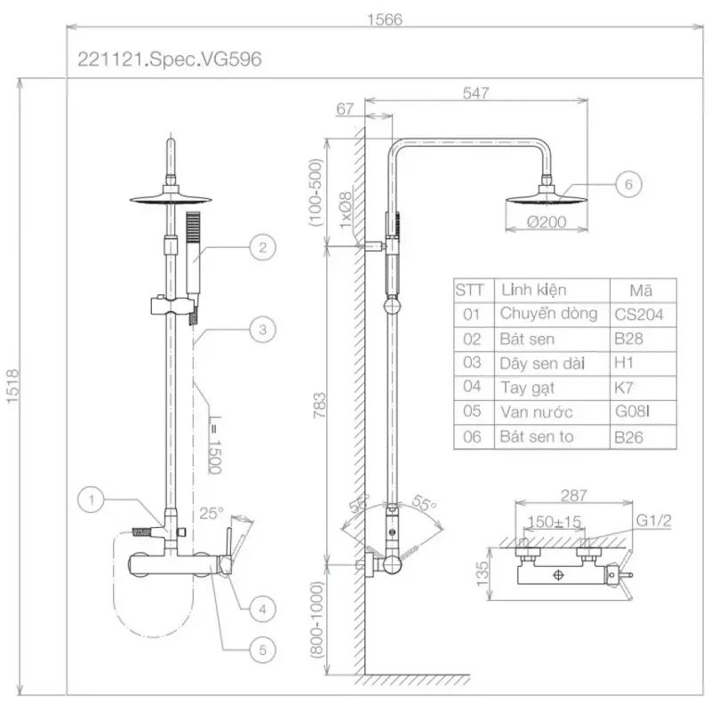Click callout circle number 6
[x=627, y=185]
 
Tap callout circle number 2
[x=258, y=248]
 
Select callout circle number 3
[x=260, y=331]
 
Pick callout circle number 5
[x=259, y=650]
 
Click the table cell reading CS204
[x=639, y=314]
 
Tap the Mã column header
[x=640, y=290]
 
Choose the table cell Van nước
[x=536, y=412]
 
